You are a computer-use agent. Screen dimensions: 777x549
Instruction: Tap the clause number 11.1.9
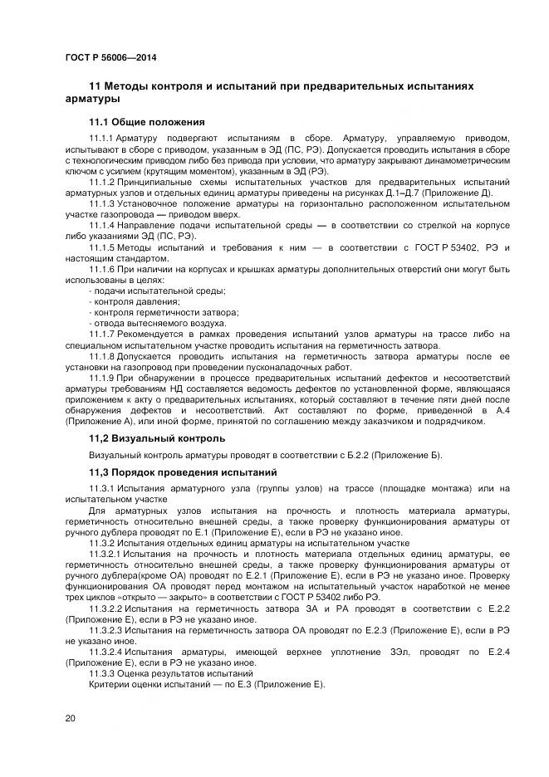pos(101,378)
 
